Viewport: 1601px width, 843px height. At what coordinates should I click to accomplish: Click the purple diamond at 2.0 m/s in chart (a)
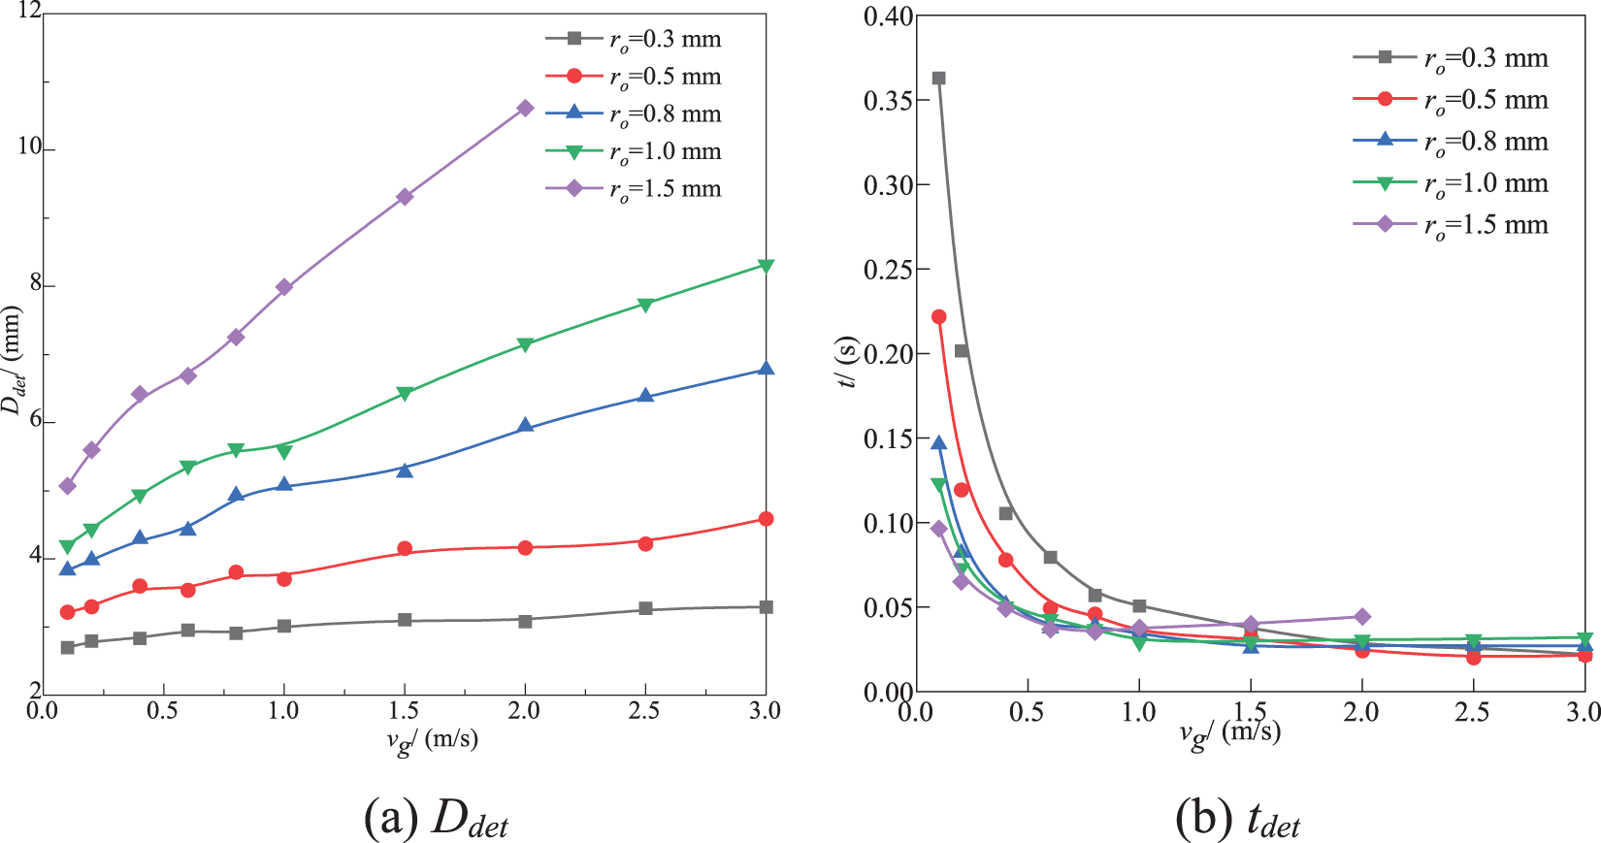pos(525,108)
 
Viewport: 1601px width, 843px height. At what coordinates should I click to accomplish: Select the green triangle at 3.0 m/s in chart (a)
pos(766,266)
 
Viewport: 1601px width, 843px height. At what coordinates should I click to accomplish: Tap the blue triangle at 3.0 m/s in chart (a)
pos(766,369)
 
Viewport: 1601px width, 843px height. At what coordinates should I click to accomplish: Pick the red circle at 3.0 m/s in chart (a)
pos(766,519)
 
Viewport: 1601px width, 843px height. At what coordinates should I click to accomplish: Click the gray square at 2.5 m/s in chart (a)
pos(645,609)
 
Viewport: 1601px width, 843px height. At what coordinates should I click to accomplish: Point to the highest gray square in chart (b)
pos(938,79)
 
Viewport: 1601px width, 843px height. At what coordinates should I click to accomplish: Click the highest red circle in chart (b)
pos(938,316)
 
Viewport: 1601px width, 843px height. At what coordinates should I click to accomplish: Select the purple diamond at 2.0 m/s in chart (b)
pos(1361,617)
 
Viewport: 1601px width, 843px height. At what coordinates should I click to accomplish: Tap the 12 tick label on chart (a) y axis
pos(29,12)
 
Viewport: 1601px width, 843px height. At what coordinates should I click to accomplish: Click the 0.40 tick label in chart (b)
pos(888,16)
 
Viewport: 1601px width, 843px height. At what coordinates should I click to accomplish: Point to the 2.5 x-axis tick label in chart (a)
pos(644,711)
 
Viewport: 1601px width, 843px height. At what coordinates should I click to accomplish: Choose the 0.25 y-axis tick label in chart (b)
pos(888,269)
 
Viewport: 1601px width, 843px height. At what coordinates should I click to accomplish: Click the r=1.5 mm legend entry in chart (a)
pos(635,189)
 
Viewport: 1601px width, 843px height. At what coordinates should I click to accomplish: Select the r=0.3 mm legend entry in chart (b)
pos(1452,58)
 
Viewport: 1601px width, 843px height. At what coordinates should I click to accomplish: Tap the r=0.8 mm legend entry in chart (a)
pos(635,114)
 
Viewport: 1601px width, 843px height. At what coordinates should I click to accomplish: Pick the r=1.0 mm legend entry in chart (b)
pos(1452,183)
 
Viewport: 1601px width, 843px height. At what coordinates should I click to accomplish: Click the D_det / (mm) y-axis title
pos(12,360)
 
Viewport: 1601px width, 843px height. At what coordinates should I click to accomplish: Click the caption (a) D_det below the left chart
pos(436,821)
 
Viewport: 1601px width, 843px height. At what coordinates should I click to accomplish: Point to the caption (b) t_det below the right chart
pos(1237,821)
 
